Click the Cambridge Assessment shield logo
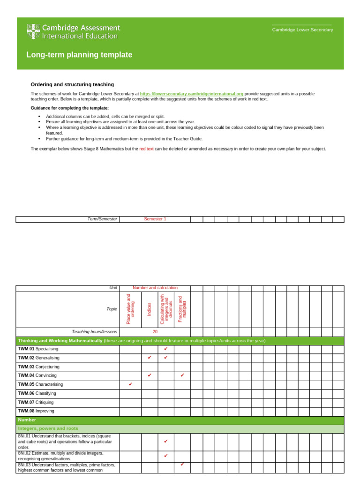(x=33, y=31)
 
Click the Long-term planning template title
(x=79, y=55)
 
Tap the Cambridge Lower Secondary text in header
(x=303, y=30)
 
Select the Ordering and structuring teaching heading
(x=72, y=84)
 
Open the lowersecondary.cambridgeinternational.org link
(x=191, y=94)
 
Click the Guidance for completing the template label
(x=69, y=108)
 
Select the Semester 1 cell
(x=155, y=219)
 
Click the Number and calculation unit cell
(x=155, y=288)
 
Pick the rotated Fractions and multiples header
(x=182, y=308)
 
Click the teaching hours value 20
(x=155, y=331)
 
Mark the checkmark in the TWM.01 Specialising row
(x=166, y=349)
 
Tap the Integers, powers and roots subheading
(x=48, y=428)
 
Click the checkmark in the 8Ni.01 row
(x=166, y=442)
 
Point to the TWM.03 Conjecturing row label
(x=38, y=367)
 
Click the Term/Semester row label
(x=102, y=219)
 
